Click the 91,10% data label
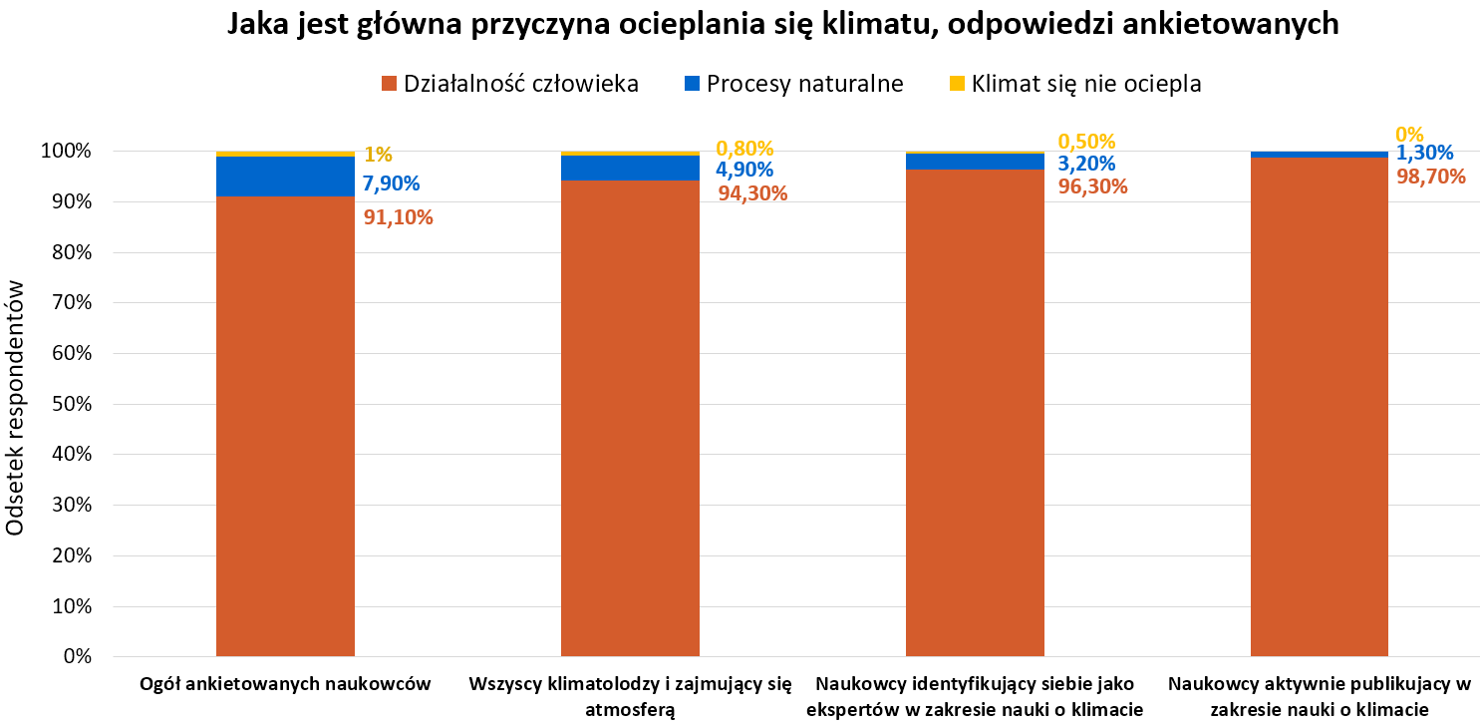point(398,217)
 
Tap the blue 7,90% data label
point(391,183)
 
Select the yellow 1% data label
point(378,155)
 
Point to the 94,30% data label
point(752,193)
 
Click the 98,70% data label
point(1430,177)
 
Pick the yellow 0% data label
point(1409,134)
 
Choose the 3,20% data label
point(1086,164)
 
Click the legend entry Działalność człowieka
point(509,84)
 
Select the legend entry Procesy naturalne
point(793,84)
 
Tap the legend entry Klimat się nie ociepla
point(1075,84)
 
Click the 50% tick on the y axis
point(67,404)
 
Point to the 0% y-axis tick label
point(75,657)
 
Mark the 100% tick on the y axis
point(63,152)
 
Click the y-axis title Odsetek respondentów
point(16,405)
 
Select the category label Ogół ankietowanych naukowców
point(285,684)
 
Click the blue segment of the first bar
point(285,177)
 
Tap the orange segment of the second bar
point(630,419)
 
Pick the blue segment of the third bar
point(975,162)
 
